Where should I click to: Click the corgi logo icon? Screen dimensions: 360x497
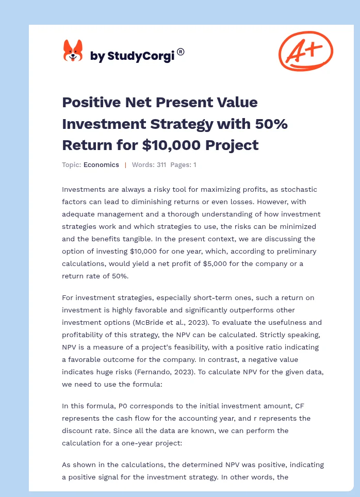point(73,52)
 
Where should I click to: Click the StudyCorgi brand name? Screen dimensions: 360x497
point(132,56)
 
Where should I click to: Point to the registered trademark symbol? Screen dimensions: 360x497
point(181,52)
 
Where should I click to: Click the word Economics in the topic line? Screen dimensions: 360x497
point(101,165)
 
